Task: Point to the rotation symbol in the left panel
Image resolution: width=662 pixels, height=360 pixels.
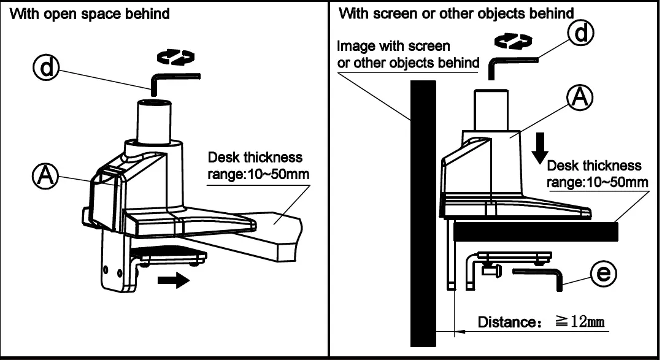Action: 176,57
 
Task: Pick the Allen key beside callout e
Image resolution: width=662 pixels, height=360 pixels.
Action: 540,275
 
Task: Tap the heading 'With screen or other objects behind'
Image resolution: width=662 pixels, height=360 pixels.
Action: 456,13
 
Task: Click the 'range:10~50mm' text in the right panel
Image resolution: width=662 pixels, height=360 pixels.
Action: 598,182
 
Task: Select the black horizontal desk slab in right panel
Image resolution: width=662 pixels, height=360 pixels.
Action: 534,231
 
